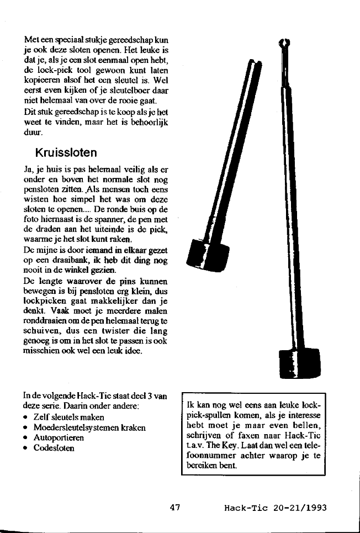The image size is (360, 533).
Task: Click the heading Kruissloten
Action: tap(66, 151)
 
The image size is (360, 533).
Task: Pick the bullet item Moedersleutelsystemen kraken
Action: tap(89, 427)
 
